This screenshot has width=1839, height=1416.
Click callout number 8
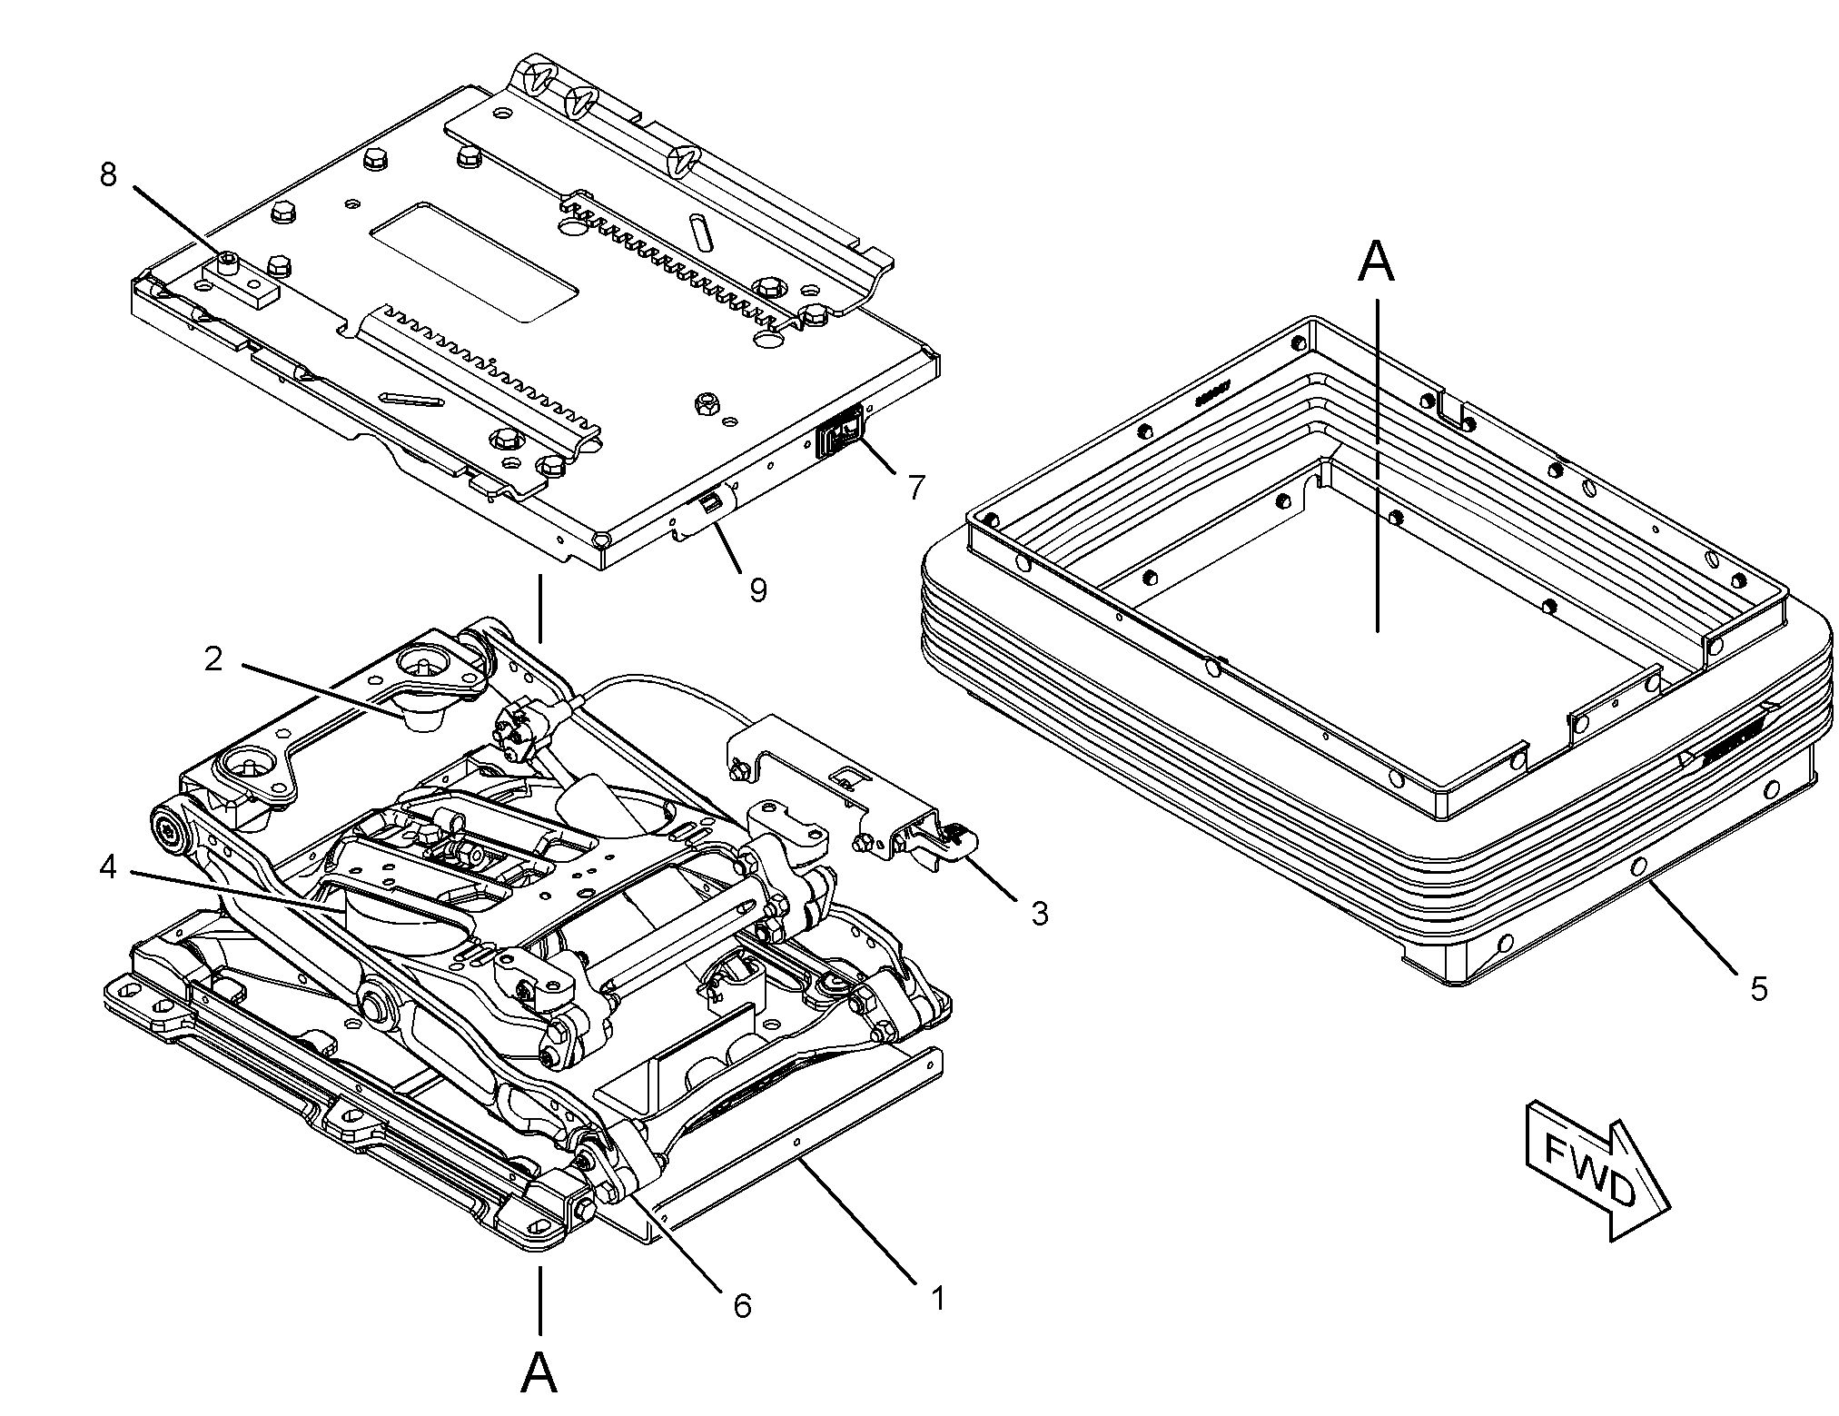tap(108, 173)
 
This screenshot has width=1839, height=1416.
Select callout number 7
tap(916, 486)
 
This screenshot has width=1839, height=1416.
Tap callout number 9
tap(757, 590)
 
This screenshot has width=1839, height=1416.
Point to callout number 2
tap(213, 659)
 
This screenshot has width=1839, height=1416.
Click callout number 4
tap(108, 868)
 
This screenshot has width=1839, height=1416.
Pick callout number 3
tap(1039, 912)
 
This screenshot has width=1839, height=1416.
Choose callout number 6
tap(742, 1305)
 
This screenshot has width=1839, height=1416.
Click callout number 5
tap(1759, 988)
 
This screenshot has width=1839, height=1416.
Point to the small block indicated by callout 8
tap(248, 282)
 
